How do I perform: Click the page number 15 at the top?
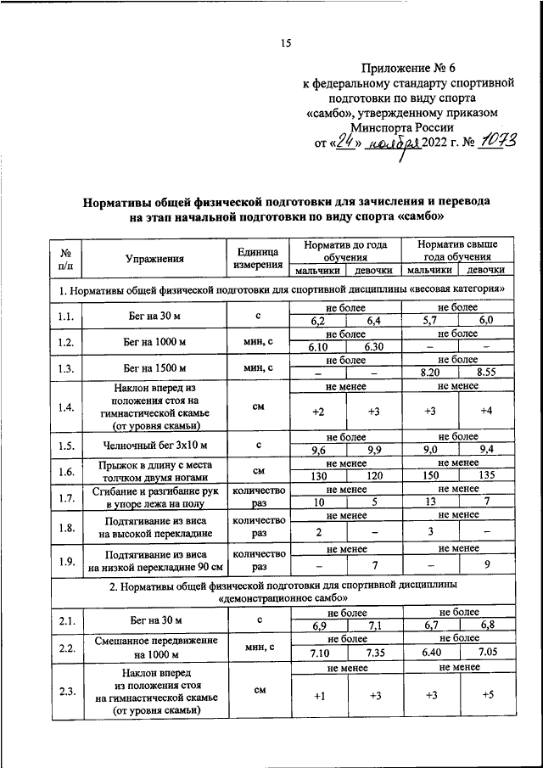(x=285, y=44)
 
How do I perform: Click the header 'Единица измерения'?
(x=258, y=258)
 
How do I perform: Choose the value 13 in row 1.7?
(x=431, y=502)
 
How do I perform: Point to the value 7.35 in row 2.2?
(x=373, y=653)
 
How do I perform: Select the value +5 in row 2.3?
(x=486, y=696)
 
